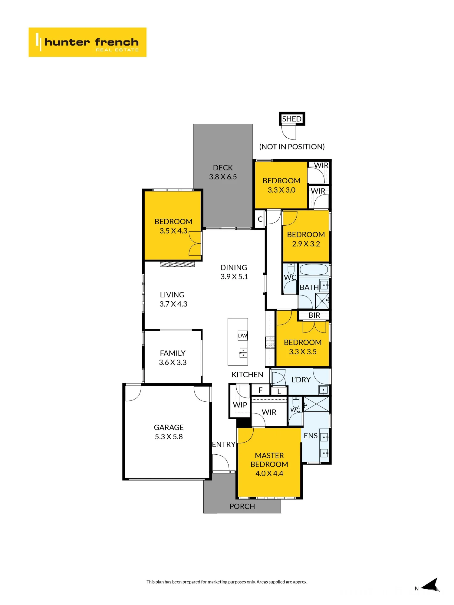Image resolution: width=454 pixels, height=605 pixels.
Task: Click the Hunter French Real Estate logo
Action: coord(87,42)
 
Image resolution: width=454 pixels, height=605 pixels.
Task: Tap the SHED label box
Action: coord(292,119)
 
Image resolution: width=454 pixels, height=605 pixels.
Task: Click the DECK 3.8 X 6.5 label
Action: coord(223,172)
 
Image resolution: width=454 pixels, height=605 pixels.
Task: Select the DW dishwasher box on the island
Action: coord(243,335)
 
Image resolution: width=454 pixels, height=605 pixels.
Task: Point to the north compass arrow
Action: coord(430,585)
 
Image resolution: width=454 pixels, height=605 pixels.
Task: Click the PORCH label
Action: coord(242,506)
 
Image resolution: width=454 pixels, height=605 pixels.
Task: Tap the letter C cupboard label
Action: coord(260,219)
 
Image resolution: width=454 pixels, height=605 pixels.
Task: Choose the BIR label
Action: coord(314,315)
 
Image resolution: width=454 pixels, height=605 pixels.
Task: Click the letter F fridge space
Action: coord(260,390)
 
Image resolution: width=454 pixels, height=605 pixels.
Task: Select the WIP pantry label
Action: coord(240,405)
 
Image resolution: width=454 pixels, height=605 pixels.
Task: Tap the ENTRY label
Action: coord(224,444)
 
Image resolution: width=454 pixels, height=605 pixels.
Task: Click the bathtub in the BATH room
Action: coord(314,270)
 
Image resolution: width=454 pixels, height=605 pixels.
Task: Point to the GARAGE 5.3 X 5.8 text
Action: coord(169,432)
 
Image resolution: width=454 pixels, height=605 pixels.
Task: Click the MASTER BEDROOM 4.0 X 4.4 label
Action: coord(269,464)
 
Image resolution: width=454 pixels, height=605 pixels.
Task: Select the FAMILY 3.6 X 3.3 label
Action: coord(173,358)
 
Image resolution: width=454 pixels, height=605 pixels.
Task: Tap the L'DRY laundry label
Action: coord(301,380)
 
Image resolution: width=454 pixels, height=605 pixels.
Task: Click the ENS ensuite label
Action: coord(311,436)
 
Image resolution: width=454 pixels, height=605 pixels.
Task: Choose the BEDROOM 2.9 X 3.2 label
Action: coord(306,239)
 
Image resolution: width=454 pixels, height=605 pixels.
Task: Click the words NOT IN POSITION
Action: coord(292,147)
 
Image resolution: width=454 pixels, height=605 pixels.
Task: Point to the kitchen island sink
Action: coord(243,353)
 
